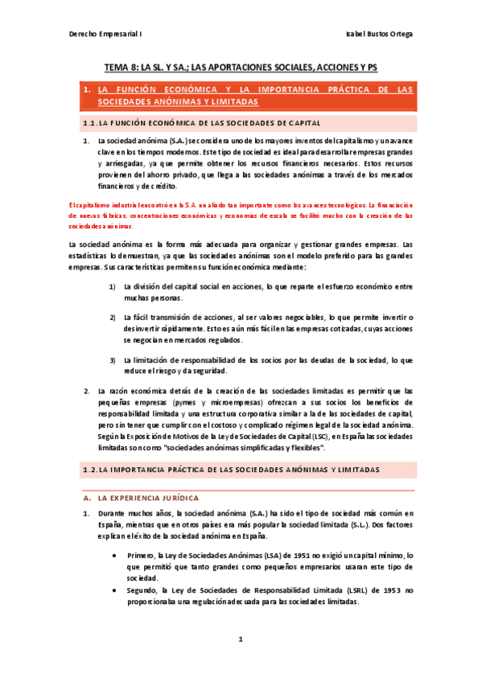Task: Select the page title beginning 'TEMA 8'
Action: (241, 69)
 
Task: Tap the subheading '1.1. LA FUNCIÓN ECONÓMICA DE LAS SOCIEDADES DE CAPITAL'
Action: (202, 123)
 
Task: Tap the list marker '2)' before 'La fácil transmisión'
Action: (113, 318)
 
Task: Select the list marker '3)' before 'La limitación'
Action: (113, 359)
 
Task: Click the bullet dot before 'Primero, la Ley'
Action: (118, 555)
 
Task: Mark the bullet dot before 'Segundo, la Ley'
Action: (118, 590)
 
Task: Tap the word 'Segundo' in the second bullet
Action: (144, 590)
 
